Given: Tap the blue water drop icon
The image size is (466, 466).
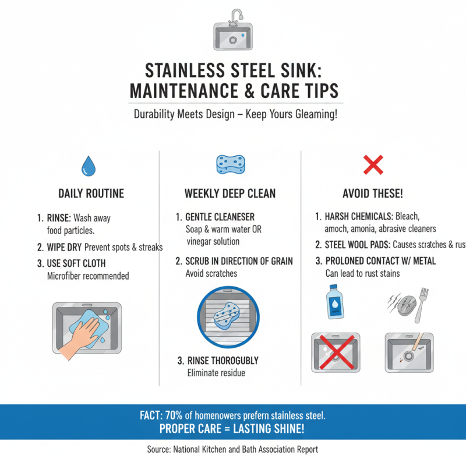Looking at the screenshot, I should click(88, 165).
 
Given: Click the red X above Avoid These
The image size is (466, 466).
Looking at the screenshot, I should click(373, 165).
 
